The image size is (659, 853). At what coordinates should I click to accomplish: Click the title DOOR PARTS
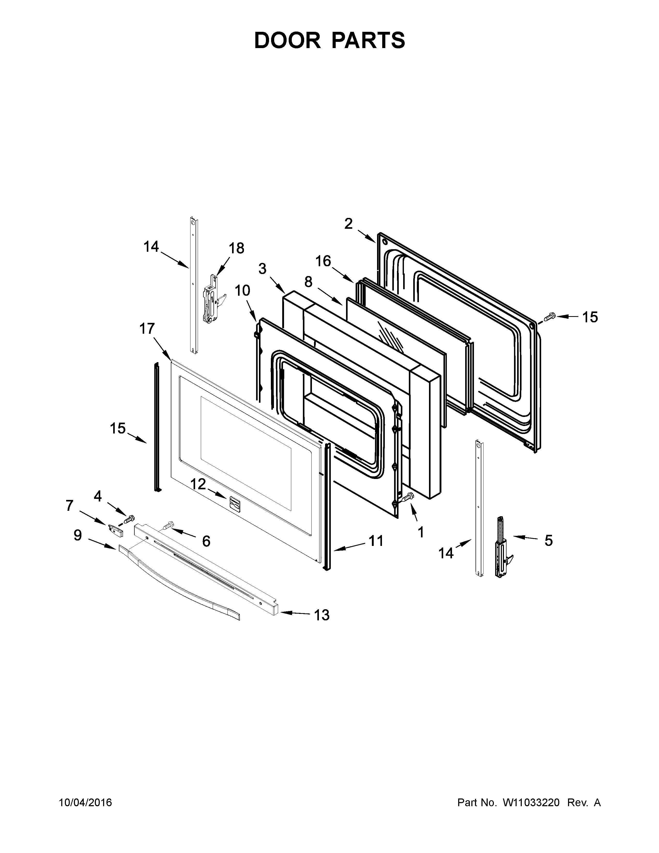(x=329, y=40)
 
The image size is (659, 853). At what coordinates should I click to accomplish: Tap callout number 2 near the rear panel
(x=348, y=224)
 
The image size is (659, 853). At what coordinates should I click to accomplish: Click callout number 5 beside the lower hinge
(x=548, y=541)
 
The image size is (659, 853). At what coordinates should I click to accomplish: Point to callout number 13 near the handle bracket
(x=322, y=615)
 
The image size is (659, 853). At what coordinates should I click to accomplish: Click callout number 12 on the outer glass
(x=198, y=484)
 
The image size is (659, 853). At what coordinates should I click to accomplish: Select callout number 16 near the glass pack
(x=323, y=261)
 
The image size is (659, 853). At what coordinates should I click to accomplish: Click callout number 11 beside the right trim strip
(x=376, y=541)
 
